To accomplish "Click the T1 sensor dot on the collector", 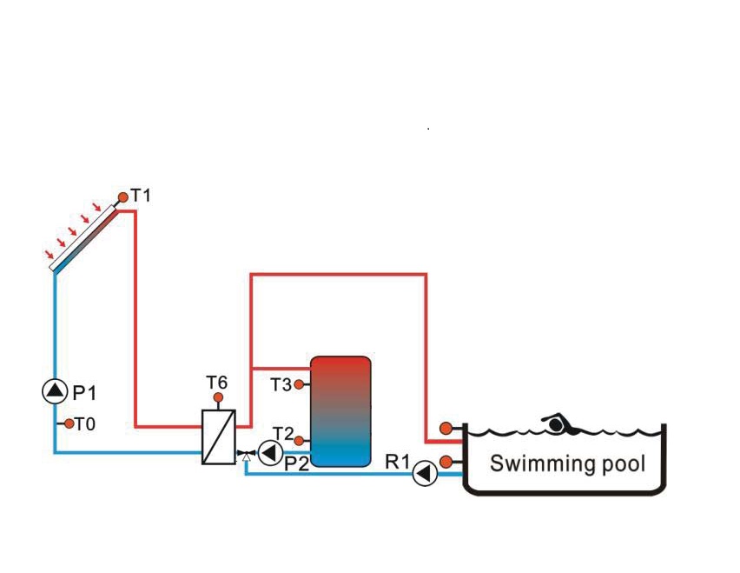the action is [122, 197].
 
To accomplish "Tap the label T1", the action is [141, 195].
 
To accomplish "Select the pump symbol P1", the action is [55, 391].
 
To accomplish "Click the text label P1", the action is [84, 392].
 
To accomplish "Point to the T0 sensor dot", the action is [69, 423].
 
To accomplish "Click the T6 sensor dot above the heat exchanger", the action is [218, 397].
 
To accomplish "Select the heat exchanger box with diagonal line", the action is [219, 437].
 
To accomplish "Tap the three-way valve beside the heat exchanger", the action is [246, 455].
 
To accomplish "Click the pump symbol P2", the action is [271, 452].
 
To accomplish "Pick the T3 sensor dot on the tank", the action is [299, 384].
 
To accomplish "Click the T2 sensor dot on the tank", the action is [299, 441].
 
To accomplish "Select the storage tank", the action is [340, 411].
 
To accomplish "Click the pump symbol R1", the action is [426, 473].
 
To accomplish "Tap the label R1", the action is [398, 462].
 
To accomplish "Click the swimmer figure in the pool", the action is [561, 423].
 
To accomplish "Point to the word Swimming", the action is [541, 464].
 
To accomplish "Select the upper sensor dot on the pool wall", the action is [446, 429].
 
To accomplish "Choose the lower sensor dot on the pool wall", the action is [446, 462].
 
